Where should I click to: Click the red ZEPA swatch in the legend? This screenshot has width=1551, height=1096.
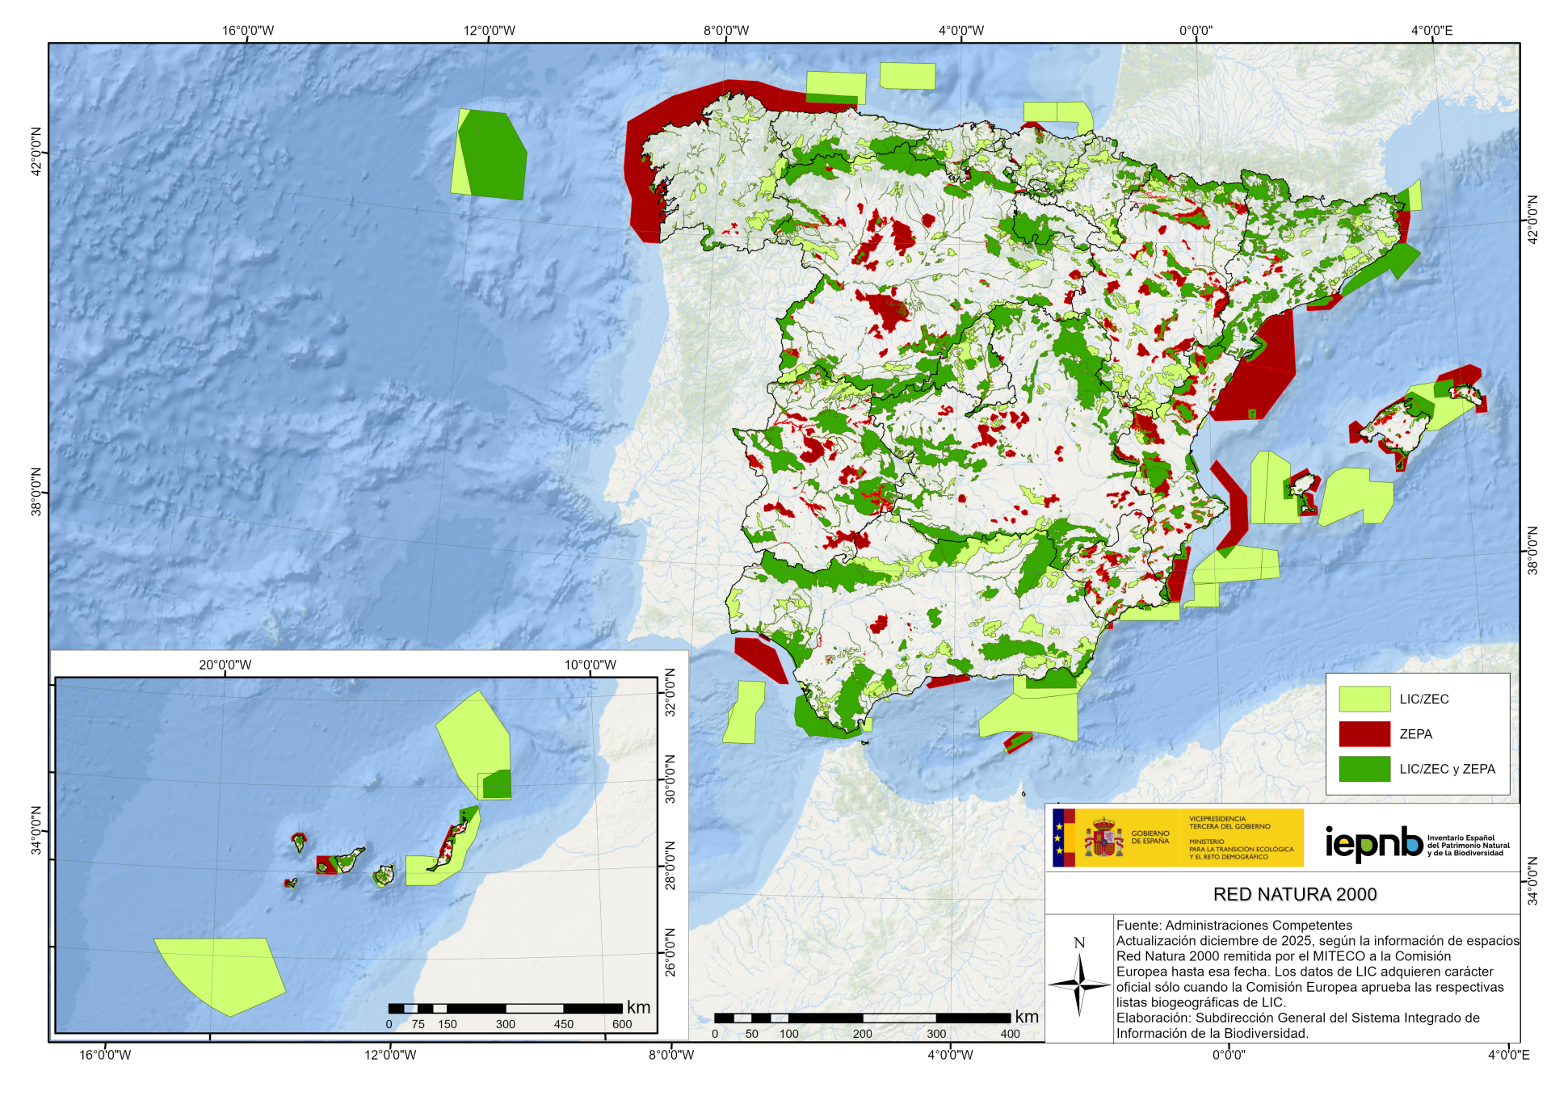click(1364, 733)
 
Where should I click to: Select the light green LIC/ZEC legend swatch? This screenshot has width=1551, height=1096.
click(1364, 699)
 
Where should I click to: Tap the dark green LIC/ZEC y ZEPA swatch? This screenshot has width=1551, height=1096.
click(1364, 769)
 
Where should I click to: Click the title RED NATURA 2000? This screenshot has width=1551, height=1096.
click(1294, 894)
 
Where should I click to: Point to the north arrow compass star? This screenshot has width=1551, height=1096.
click(1079, 985)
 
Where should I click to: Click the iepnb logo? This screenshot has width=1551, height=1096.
click(1373, 843)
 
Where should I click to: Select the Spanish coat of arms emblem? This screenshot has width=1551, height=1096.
click(1103, 838)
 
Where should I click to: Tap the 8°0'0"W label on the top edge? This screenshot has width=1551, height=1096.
click(725, 31)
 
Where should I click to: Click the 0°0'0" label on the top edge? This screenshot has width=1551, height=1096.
click(1196, 31)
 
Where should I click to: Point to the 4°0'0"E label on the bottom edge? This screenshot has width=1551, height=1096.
click(1508, 1055)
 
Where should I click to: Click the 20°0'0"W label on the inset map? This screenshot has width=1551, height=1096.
click(225, 665)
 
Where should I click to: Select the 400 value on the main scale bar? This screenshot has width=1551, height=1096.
click(1010, 1034)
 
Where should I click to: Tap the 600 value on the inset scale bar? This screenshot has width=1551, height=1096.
click(621, 1024)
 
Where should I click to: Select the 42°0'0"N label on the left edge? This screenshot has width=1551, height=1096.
click(36, 152)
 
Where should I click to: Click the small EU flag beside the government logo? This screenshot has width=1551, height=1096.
click(1058, 838)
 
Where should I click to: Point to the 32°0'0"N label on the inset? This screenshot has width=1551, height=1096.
click(670, 693)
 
